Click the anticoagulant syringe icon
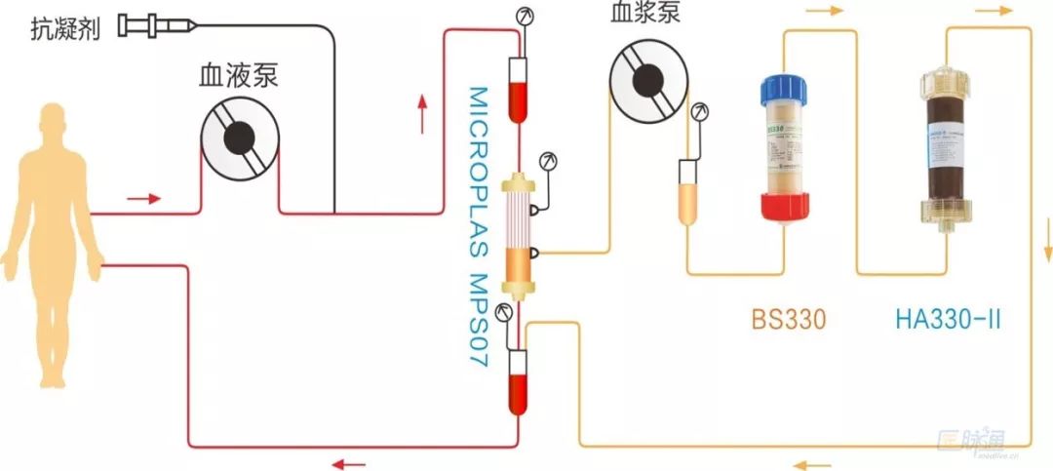pos(156,26)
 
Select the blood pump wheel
pos(240,139)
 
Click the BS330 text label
pos(789,319)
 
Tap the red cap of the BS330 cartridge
pos(786,206)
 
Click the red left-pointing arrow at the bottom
pos(348,463)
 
